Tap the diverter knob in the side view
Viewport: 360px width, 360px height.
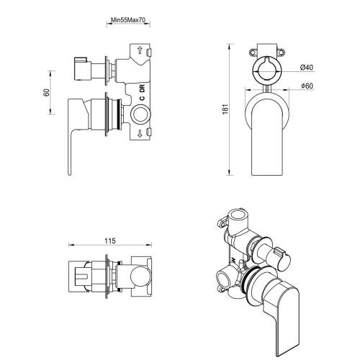pyautogui.click(x=84, y=71)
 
